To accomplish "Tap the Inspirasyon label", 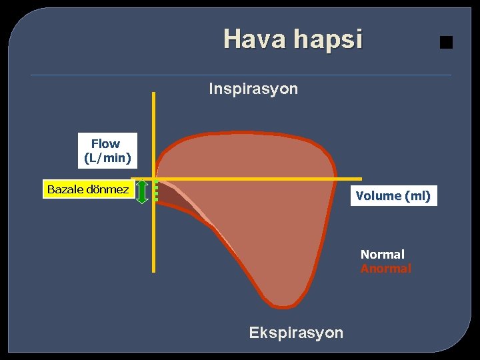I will (253, 89).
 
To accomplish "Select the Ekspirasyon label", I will (296, 333).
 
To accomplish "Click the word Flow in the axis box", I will (105, 143).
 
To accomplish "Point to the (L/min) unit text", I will (107, 158).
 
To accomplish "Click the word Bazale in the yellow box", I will (66, 189).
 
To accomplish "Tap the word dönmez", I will (108, 189).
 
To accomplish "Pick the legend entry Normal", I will (382, 254).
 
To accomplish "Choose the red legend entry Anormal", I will (385, 269).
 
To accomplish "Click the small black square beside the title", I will (446, 43).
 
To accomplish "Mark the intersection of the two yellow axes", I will (154, 179).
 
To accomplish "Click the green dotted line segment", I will (156, 191).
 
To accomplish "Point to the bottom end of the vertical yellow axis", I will (154, 271).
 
